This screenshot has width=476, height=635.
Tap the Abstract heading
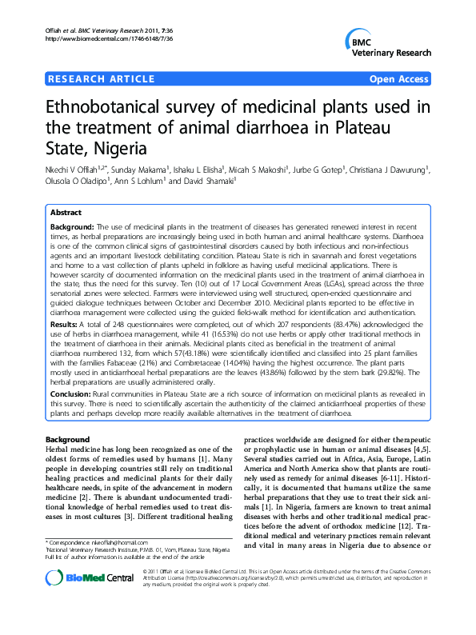coord(66,214)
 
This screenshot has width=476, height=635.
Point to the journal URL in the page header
coord(99,38)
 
